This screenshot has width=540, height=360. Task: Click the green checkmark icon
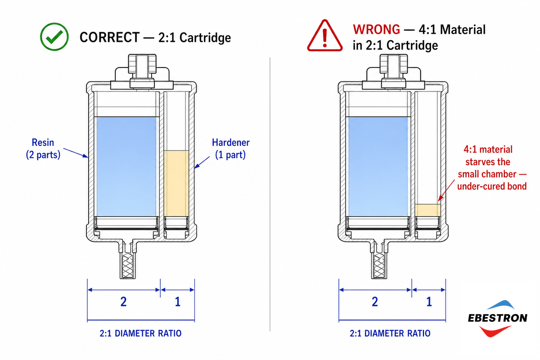(x=54, y=36)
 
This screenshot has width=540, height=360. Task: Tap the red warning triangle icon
(x=325, y=36)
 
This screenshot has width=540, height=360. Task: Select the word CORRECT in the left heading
(x=110, y=37)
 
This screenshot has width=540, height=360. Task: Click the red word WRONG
(x=377, y=29)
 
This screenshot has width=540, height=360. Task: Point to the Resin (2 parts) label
(x=43, y=148)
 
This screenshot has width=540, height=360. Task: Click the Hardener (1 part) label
(x=231, y=148)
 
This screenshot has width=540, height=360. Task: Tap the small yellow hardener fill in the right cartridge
(x=428, y=210)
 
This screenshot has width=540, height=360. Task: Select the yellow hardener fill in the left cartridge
(x=176, y=183)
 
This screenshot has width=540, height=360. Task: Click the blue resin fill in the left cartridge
(x=126, y=166)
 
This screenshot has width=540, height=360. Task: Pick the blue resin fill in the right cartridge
(x=378, y=166)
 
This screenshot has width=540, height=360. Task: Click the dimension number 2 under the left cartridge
(x=123, y=301)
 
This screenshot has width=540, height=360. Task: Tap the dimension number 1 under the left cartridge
(x=178, y=301)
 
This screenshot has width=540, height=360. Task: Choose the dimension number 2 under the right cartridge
(x=375, y=301)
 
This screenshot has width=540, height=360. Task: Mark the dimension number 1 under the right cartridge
(x=429, y=301)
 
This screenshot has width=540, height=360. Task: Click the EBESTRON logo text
(x=498, y=318)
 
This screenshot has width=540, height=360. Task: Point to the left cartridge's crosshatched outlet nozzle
(x=128, y=265)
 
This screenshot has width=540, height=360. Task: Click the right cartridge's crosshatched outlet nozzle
(x=379, y=265)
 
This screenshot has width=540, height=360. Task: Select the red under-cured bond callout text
(x=492, y=168)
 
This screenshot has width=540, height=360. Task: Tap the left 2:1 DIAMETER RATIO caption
(x=140, y=333)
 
